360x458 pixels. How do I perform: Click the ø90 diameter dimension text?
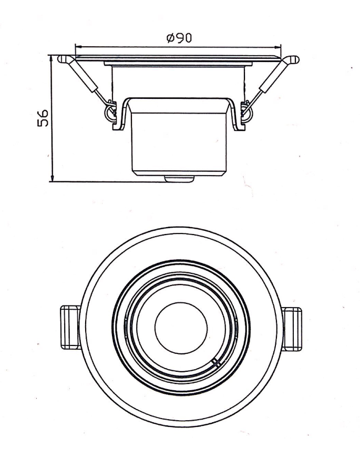point(178,38)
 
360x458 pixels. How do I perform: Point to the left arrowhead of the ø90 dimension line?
point(78,46)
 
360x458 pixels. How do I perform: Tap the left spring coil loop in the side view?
point(110,111)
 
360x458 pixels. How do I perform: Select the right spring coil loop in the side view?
point(246,111)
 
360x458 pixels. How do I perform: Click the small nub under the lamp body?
point(179,179)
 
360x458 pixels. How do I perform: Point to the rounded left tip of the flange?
point(63,59)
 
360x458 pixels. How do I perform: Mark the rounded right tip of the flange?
point(294,59)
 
